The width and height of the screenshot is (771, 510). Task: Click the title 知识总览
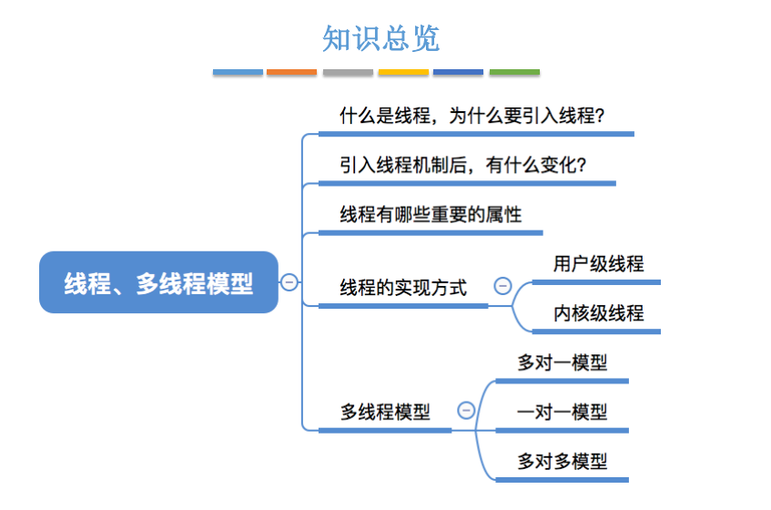tap(380, 38)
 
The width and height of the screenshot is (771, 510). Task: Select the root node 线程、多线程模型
tap(158, 282)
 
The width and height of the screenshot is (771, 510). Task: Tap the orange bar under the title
tap(292, 72)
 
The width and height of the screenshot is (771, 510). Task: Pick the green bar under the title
tap(514, 72)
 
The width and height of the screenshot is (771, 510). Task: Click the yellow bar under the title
tap(403, 72)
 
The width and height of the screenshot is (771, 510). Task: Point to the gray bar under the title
tap(348, 72)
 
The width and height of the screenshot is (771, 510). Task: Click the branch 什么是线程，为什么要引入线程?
tap(472, 117)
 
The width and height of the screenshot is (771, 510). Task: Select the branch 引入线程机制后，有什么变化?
tap(462, 166)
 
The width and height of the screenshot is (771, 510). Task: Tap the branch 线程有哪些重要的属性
tap(431, 215)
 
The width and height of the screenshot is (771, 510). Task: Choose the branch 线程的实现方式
tap(403, 288)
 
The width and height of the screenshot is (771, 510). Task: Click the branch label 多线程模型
tap(385, 412)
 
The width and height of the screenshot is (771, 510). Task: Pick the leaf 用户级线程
tap(598, 264)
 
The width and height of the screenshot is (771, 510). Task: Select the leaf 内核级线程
tap(598, 313)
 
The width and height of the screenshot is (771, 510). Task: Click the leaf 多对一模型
tap(562, 362)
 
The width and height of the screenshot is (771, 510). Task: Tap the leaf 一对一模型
tap(562, 412)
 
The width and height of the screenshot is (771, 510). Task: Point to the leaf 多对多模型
tap(562, 461)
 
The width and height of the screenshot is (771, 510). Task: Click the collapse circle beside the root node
tap(289, 282)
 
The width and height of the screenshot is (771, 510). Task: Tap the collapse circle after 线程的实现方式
tap(502, 286)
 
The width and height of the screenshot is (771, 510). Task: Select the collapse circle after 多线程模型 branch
tap(466, 410)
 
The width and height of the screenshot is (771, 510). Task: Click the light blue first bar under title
tap(238, 72)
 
